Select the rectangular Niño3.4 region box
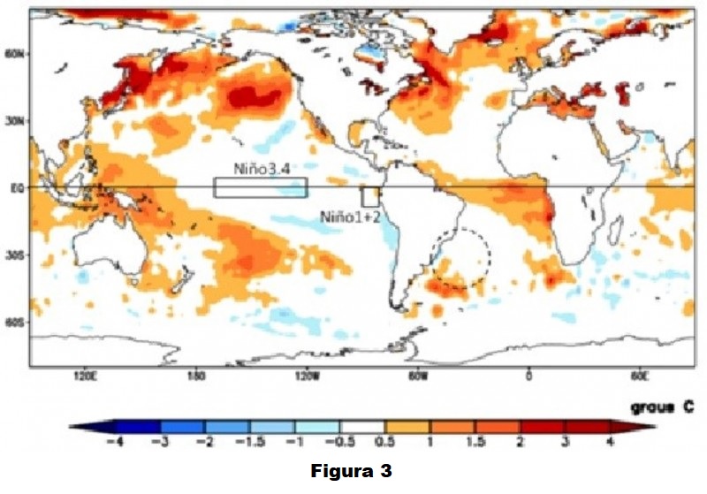pyautogui.click(x=260, y=187)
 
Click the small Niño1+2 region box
pyautogui.click(x=369, y=197)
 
